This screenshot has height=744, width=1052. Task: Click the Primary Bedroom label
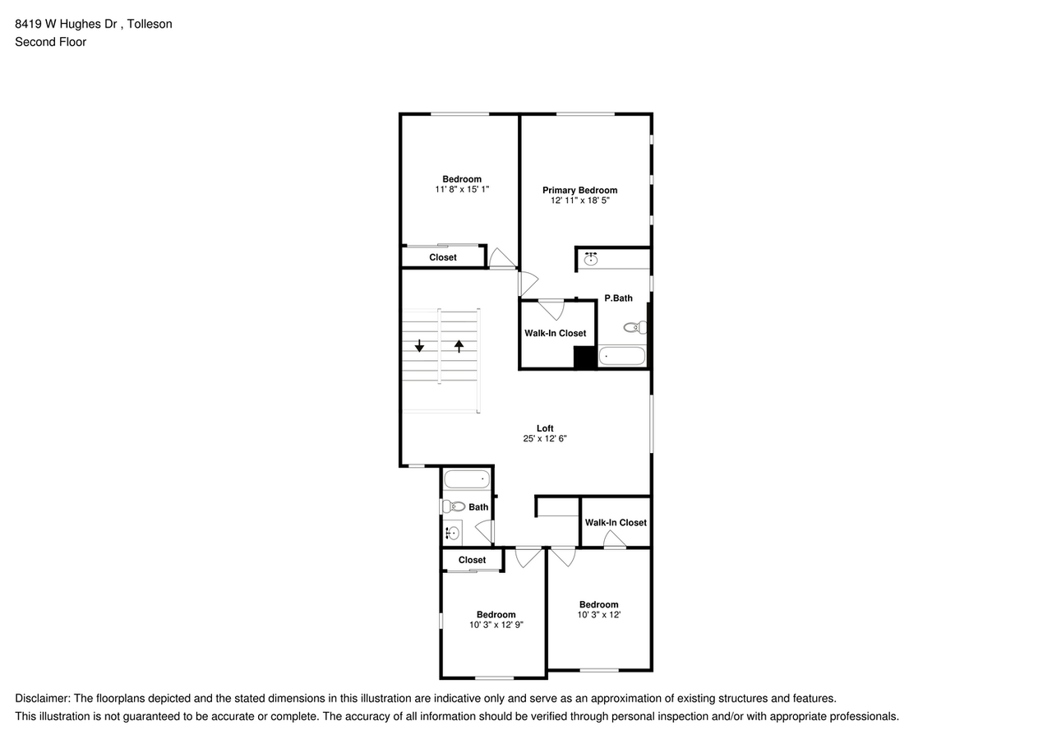(579, 190)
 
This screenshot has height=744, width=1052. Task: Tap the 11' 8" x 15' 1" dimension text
(462, 189)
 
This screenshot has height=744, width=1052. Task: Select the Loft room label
(545, 428)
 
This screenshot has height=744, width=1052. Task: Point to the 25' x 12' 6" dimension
(545, 439)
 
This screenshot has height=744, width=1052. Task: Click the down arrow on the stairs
(419, 346)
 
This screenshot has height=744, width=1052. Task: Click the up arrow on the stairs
(459, 346)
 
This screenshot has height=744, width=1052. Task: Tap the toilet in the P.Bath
(634, 327)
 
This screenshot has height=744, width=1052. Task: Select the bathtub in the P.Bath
(622, 356)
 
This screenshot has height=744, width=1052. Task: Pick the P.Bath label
(618, 298)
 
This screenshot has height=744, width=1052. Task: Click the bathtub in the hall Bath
(467, 478)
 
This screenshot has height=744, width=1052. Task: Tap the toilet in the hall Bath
(454, 506)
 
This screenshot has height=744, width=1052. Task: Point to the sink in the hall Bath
(452, 533)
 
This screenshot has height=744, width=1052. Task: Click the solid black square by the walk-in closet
(584, 358)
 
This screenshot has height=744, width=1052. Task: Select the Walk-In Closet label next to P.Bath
(556, 333)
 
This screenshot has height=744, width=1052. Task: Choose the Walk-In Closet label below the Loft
(616, 522)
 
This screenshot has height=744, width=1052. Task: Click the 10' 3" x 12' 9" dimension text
(496, 625)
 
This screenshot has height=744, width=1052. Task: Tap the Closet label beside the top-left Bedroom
(443, 257)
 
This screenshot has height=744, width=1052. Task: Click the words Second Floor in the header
(50, 42)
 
